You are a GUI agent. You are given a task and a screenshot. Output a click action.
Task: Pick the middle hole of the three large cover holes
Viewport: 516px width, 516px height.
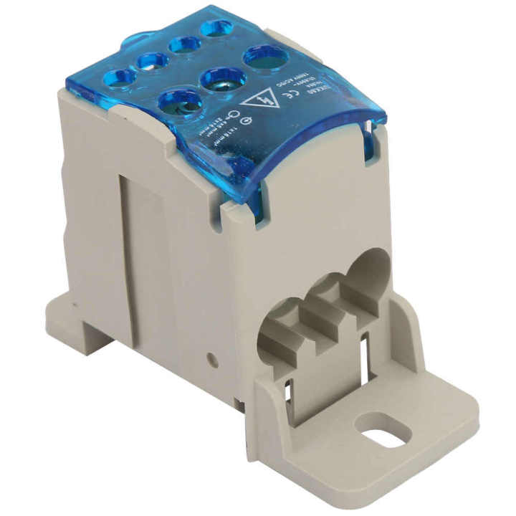223,77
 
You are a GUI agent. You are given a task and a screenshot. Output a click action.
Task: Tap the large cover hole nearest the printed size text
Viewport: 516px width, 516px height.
180,101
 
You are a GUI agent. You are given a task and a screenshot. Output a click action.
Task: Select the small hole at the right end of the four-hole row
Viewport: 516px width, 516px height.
215,29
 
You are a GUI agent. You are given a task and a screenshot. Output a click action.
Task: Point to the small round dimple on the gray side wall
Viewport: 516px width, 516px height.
213,357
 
